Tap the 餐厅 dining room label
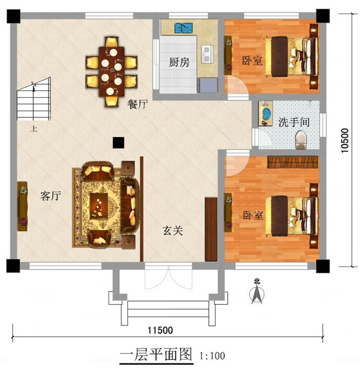[x=137, y=103]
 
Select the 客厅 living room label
[x=50, y=196]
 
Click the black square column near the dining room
[x=117, y=142]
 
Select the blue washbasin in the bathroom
[x=266, y=113]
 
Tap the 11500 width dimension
[x=160, y=330]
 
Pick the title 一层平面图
[x=155, y=355]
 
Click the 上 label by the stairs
[x=34, y=129]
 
